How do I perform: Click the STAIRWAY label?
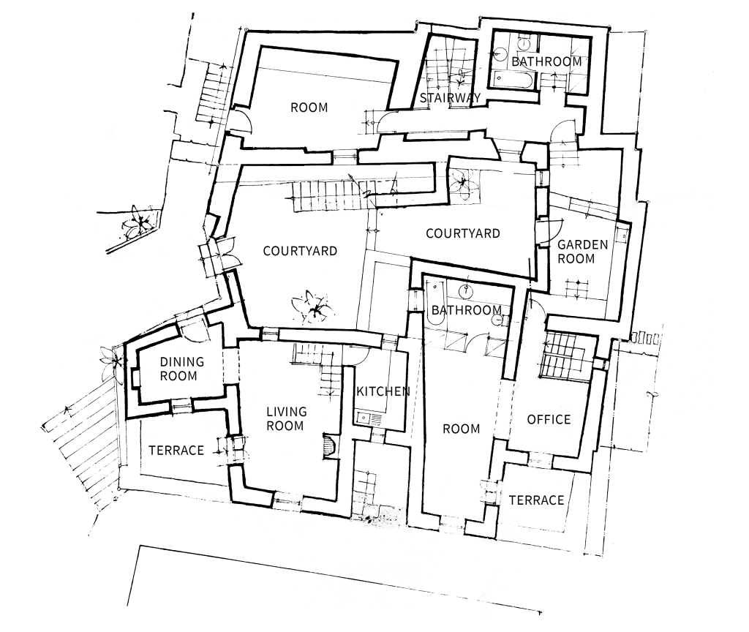450,98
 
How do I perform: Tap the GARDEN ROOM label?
582,252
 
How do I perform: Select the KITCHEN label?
383,392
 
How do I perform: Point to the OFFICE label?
549,419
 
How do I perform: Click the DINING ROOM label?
181,369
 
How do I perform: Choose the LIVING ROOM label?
286,418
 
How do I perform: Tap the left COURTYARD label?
300,251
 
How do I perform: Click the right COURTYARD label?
463,233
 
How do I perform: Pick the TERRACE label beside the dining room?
176,451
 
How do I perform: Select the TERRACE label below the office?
536,500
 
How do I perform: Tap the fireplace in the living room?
331,447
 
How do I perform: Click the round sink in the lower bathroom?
464,290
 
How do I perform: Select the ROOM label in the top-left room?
309,108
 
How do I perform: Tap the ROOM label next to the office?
461,429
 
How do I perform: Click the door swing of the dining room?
195,331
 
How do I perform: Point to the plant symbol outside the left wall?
138,221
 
